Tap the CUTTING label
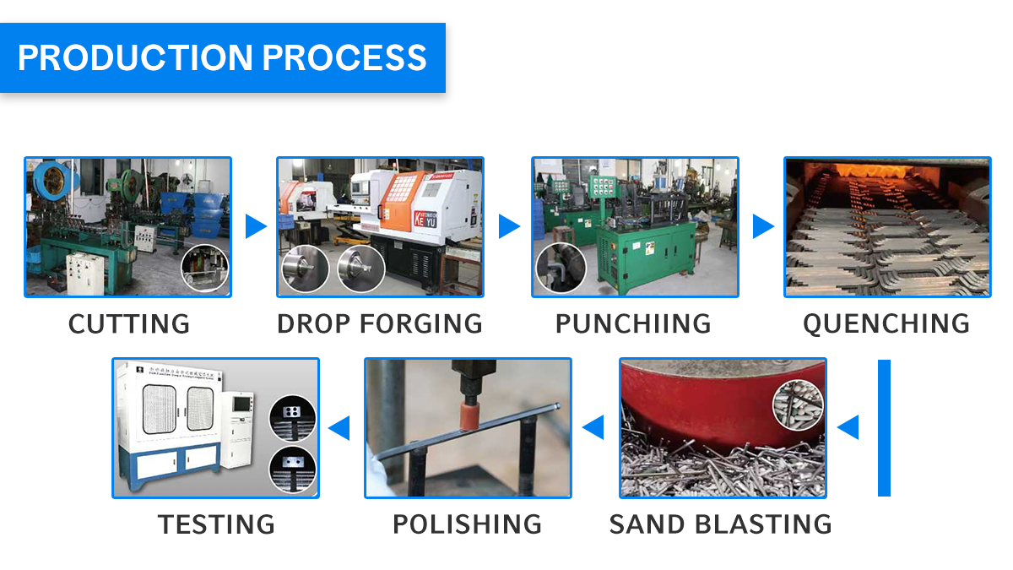pos(129,323)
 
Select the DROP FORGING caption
pos(380,323)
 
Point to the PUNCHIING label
pos(633,323)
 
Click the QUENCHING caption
pos(886,323)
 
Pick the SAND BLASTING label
pos(720,524)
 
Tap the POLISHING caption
pos(467,524)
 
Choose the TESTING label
pos(216,524)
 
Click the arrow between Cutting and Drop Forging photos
pos(255,226)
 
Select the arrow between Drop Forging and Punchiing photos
pos(508,226)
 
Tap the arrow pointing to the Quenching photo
pos(762,226)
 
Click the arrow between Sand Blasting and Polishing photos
pos(594,427)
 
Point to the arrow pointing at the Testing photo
pos(339,427)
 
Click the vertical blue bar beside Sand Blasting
pos(884,427)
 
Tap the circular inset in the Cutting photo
pos(205,269)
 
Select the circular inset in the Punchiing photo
pos(561,269)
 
